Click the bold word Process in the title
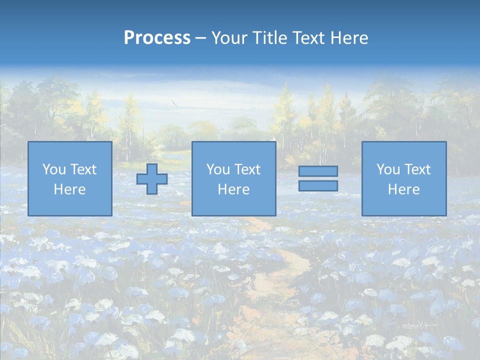pyautogui.click(x=157, y=37)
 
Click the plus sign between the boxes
pyautogui.click(x=152, y=179)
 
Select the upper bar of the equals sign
pyautogui.click(x=318, y=171)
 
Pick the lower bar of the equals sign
pyautogui.click(x=318, y=186)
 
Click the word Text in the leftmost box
pyautogui.click(x=83, y=169)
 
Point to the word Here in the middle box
pyautogui.click(x=233, y=189)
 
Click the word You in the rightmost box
pyautogui.click(x=388, y=169)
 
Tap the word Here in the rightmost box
pyautogui.click(x=404, y=189)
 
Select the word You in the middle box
pyautogui.click(x=218, y=169)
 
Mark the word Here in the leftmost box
pyautogui.click(x=70, y=189)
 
